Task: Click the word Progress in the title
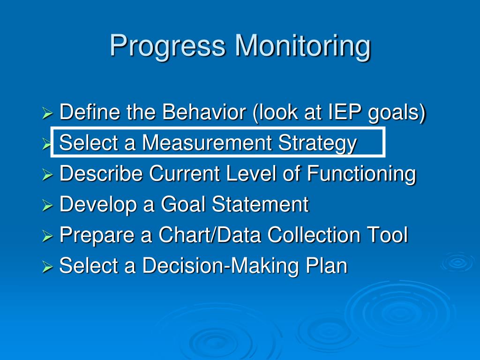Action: [x=168, y=46]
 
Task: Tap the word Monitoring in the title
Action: [x=303, y=46]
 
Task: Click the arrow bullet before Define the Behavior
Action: [x=47, y=113]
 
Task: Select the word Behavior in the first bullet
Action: [x=204, y=112]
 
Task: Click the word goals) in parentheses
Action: [x=397, y=112]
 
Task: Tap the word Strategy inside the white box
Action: [x=317, y=143]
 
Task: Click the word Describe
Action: [x=101, y=173]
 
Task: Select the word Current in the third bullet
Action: [x=185, y=173]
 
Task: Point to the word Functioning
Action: [x=361, y=174]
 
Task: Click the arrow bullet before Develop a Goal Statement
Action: [x=47, y=205]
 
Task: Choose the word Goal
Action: [x=183, y=204]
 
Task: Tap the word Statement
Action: [x=260, y=204]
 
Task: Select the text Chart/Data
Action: [x=210, y=234]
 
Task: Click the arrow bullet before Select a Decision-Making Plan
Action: [x=47, y=267]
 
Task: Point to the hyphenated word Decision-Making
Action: [x=220, y=266]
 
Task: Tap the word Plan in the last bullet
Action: [x=327, y=265]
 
